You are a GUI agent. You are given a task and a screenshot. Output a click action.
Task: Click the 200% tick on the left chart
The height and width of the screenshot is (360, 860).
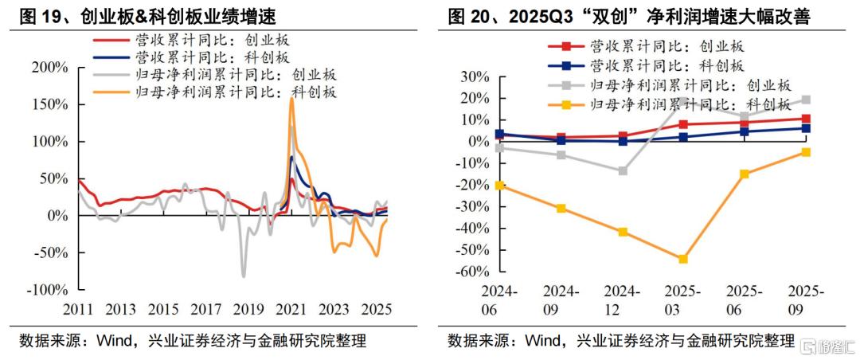(x=49, y=68)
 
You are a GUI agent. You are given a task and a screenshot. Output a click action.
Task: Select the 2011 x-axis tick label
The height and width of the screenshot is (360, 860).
(x=78, y=309)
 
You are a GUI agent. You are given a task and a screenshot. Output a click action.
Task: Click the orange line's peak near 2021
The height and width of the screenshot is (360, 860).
(x=291, y=100)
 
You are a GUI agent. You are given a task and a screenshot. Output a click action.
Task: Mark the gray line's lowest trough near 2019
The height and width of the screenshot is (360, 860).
(x=243, y=276)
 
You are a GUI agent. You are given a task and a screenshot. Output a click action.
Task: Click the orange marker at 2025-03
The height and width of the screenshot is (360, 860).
(x=682, y=259)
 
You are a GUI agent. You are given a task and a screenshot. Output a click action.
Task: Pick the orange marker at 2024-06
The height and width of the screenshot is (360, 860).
(x=499, y=185)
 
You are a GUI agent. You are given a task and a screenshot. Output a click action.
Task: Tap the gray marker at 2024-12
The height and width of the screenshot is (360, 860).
(x=622, y=170)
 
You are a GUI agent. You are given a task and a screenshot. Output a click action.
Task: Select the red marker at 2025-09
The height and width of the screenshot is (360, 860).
(x=806, y=119)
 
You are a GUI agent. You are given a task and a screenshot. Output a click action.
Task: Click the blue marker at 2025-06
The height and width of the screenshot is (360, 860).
(x=745, y=131)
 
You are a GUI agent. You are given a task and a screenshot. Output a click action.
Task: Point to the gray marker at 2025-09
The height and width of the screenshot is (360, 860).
(x=806, y=100)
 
